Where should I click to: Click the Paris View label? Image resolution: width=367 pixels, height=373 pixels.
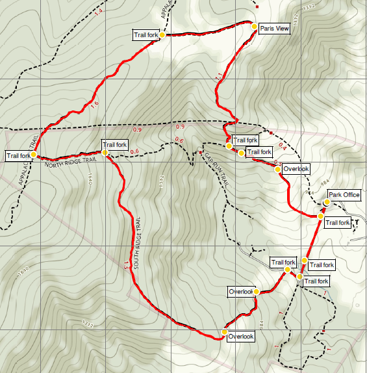click(x=274, y=29)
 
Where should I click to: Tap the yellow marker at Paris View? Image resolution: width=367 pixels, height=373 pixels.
click(x=255, y=26)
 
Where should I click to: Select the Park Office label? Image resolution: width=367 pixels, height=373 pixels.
click(x=344, y=194)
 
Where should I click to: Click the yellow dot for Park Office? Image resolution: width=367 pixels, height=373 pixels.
click(x=326, y=203)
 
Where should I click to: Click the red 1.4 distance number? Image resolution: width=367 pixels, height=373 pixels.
click(x=99, y=12)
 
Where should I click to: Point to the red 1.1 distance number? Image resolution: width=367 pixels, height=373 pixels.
click(x=218, y=77)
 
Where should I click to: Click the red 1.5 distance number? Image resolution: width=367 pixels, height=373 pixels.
click(x=127, y=264)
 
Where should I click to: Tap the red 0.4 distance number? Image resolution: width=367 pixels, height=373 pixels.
click(x=282, y=145)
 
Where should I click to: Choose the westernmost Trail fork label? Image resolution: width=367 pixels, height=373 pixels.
click(x=18, y=155)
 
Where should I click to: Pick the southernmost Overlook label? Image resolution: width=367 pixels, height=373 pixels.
click(x=240, y=336)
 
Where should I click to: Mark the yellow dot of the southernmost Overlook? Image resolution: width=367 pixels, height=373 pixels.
click(x=224, y=332)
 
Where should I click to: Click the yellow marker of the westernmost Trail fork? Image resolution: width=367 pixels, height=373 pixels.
click(x=34, y=155)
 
